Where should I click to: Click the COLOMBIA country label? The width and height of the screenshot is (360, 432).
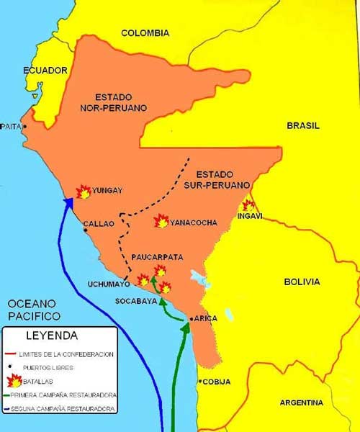click(x=145, y=33)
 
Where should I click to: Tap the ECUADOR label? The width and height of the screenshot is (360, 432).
click(x=45, y=71)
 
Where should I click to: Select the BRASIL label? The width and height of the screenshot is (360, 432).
click(x=302, y=125)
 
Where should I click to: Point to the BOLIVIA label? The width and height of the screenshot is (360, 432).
click(x=301, y=282)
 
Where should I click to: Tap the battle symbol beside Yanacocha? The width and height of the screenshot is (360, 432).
click(x=162, y=221)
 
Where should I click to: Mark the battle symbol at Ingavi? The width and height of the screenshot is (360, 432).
click(x=248, y=204)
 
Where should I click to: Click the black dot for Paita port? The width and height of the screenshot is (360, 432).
click(x=25, y=126)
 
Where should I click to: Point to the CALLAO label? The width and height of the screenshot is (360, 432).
click(x=99, y=224)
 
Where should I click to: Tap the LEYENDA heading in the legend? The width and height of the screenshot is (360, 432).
click(x=52, y=336)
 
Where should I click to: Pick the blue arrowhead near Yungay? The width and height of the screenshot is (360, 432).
click(x=71, y=203)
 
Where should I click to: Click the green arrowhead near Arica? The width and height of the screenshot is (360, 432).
click(x=186, y=328)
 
